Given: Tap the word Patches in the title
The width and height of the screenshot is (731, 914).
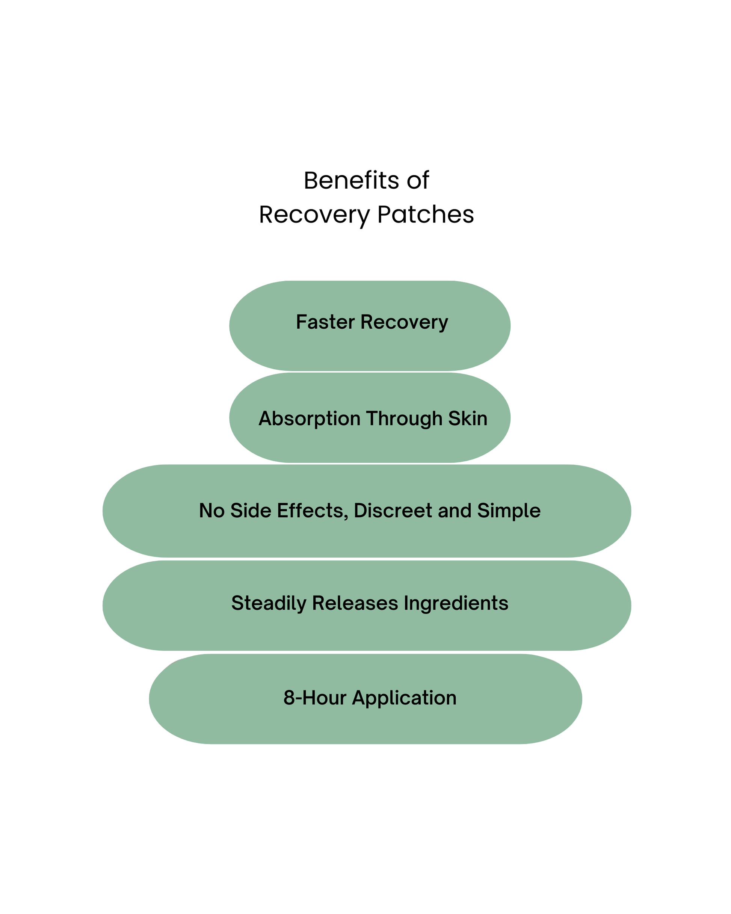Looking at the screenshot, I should [425, 215].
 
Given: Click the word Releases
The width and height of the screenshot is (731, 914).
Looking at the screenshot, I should [355, 603].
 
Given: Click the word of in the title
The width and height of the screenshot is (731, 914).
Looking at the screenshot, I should [418, 180].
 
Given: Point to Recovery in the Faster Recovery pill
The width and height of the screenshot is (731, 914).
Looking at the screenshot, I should [404, 323].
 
